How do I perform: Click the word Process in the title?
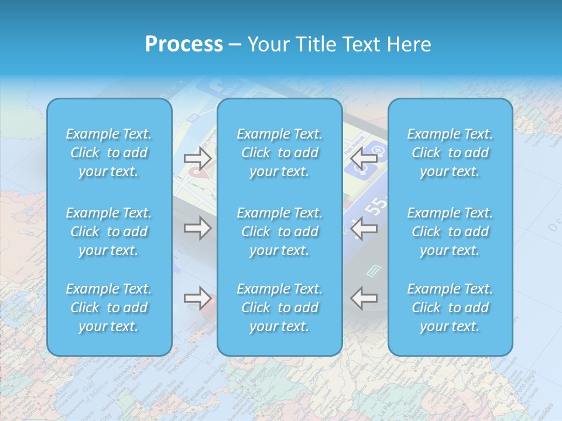pos(184,44)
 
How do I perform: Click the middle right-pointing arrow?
pos(197,228)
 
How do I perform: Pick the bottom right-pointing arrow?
pos(197,298)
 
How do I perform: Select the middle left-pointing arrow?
pos(364,228)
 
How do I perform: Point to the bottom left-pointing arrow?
pos(364,298)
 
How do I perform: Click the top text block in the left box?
pos(109,153)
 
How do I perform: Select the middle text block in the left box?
pos(109,232)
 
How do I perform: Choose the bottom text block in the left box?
pos(109,308)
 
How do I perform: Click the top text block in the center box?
pos(280,153)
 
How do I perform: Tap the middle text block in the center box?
pos(280,232)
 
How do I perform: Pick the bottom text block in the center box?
pos(280,308)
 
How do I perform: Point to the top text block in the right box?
pos(450,153)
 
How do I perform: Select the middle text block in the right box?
pos(450,232)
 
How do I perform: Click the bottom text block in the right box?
pos(450,308)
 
